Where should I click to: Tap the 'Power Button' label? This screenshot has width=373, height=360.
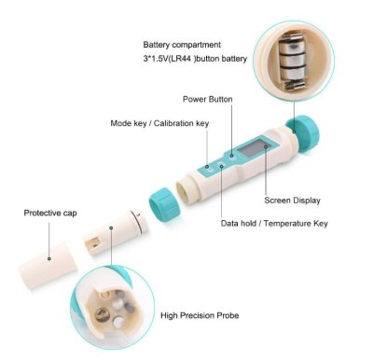tap(207, 99)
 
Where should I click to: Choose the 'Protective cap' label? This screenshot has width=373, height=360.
tap(50, 214)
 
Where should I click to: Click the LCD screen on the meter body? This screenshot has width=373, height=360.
tap(251, 149)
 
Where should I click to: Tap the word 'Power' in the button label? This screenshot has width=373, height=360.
tap(193, 99)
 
